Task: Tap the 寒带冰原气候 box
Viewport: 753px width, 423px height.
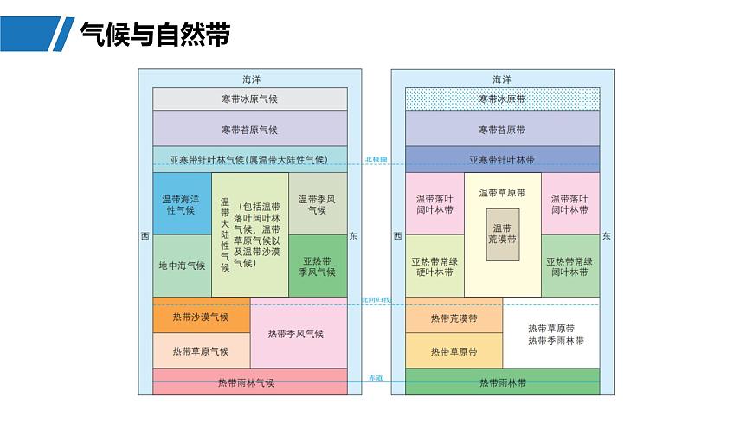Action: pyautogui.click(x=249, y=99)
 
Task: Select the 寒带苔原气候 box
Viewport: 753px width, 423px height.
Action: pyautogui.click(x=249, y=130)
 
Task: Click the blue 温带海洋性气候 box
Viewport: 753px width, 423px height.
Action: pyautogui.click(x=182, y=205)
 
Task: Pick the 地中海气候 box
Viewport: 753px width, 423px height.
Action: pyautogui.click(x=182, y=266)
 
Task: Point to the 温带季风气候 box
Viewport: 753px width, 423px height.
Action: pyautogui.click(x=318, y=205)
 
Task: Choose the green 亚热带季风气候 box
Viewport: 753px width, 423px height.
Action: pyautogui.click(x=318, y=266)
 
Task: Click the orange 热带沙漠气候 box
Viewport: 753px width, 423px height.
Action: pyautogui.click(x=201, y=317)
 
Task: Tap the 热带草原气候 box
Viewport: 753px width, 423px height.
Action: pyautogui.click(x=201, y=351)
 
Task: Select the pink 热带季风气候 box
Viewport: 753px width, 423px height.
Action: pyautogui.click(x=298, y=334)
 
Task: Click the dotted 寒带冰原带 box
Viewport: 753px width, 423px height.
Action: pyautogui.click(x=502, y=99)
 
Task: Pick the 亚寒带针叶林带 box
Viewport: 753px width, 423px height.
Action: pyautogui.click(x=502, y=160)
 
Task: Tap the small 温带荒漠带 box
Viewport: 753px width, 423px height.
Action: pyautogui.click(x=502, y=234)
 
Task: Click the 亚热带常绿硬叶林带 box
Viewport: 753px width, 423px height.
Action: pyautogui.click(x=434, y=266)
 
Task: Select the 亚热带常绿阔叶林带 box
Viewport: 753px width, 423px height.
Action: pyautogui.click(x=570, y=266)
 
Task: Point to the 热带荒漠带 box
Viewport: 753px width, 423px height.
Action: pyautogui.click(x=454, y=317)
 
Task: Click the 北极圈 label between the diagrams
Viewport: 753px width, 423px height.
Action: pyautogui.click(x=376, y=159)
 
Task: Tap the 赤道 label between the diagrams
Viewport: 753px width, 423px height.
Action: pyautogui.click(x=376, y=379)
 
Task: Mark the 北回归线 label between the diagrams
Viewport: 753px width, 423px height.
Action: pyautogui.click(x=376, y=300)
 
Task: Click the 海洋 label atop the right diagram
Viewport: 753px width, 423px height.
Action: pyautogui.click(x=502, y=80)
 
